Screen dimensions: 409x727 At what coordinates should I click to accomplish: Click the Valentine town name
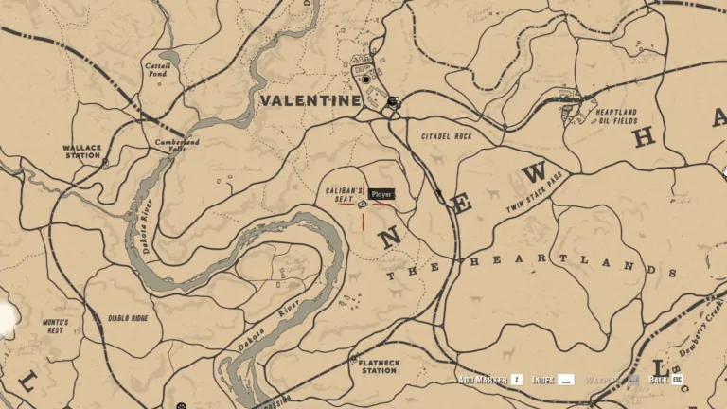tap(310, 100)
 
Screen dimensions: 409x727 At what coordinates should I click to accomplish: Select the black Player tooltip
tap(381, 194)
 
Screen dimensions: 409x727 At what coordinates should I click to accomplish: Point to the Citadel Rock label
tap(446, 136)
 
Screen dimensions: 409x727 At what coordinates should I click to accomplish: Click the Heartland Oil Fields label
tap(616, 116)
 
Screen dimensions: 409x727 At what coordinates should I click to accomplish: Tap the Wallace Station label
tap(81, 152)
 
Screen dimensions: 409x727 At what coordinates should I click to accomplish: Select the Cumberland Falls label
tap(177, 146)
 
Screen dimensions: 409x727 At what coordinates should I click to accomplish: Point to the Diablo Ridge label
tap(128, 318)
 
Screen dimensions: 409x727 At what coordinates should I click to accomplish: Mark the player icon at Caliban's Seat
tap(363, 203)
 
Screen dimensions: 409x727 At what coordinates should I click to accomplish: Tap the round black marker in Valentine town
tap(366, 80)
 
